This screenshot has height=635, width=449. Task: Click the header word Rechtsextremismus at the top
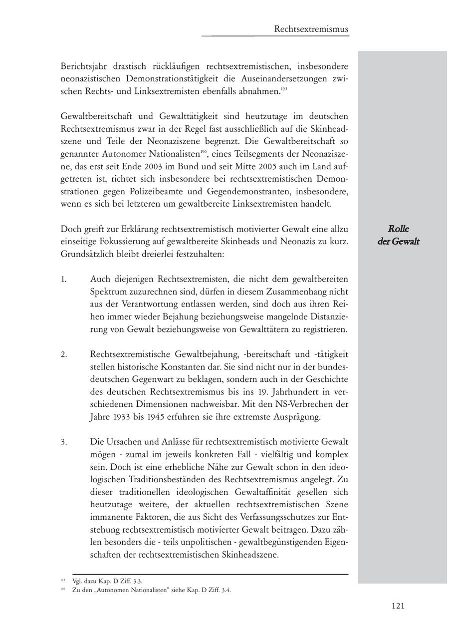click(x=311, y=29)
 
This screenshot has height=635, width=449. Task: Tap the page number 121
click(x=398, y=606)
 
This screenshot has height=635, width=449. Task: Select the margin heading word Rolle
click(x=398, y=229)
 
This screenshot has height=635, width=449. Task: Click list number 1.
click(x=64, y=279)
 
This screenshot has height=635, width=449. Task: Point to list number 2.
click(x=64, y=354)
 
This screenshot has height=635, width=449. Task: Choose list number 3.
click(x=64, y=442)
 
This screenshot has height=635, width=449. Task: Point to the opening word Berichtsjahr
click(x=85, y=66)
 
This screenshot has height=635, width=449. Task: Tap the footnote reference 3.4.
click(x=226, y=590)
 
